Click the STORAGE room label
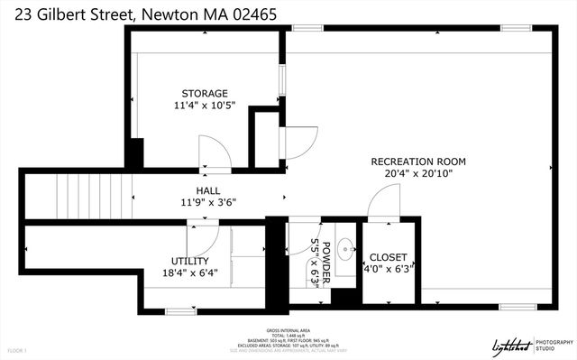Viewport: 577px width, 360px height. pos(205,93)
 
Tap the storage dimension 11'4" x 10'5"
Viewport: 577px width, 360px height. pos(205,106)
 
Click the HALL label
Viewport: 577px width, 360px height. pos(208,190)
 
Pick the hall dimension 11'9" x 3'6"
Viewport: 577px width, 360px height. pos(208,202)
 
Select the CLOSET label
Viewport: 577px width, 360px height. pos(389,256)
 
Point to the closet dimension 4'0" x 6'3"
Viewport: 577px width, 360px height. pos(389,268)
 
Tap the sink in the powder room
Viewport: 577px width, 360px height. pos(345,246)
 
